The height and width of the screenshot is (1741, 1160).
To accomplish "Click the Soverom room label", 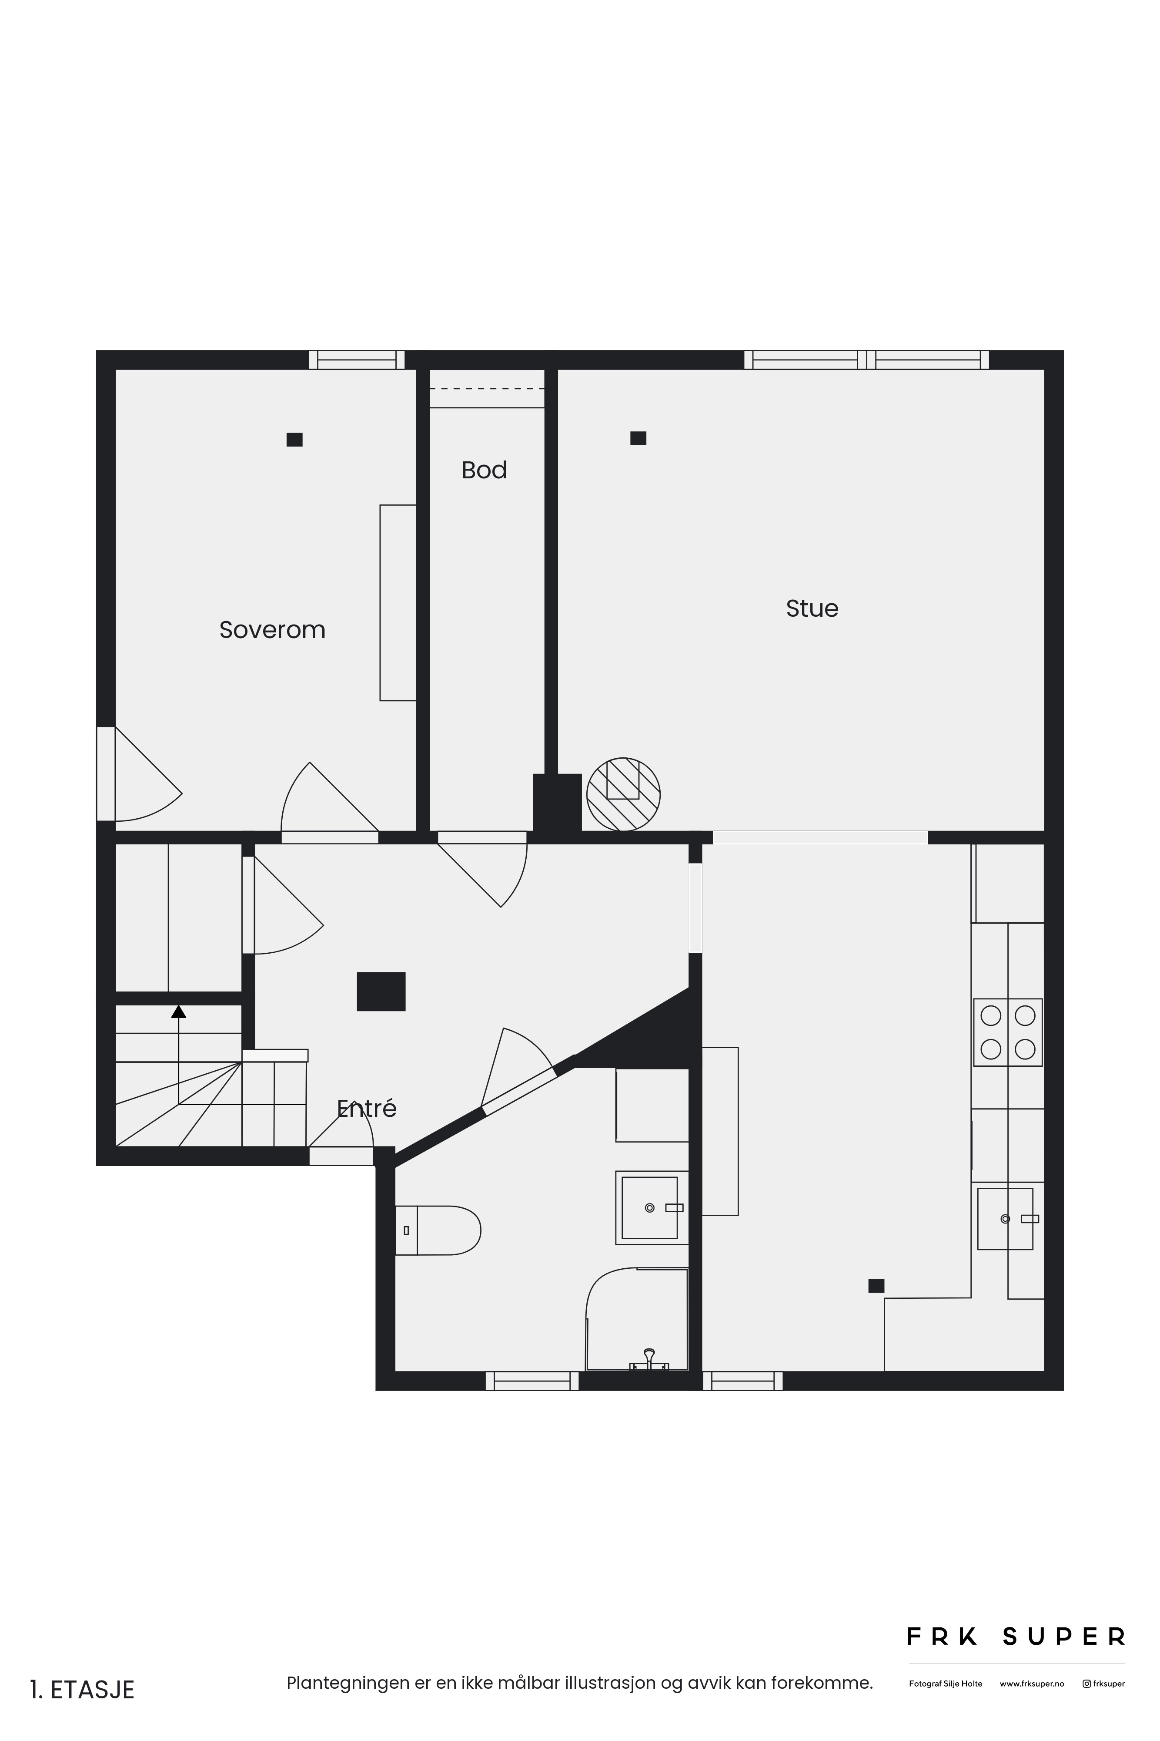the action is tap(272, 630).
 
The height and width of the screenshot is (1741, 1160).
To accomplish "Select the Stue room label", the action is tap(812, 608).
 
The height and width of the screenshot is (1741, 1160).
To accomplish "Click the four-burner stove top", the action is tap(1008, 1032).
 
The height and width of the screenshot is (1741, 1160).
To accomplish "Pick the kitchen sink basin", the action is tap(1006, 1218).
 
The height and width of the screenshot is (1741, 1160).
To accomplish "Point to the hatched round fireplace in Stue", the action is tap(623, 794).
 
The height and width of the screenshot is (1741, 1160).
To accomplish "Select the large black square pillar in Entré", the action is tap(381, 991).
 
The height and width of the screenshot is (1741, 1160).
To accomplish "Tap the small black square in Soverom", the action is tap(294, 440).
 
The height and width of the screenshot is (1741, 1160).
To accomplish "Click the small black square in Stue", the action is tap(639, 438).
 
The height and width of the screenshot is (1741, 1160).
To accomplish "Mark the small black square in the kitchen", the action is tap(876, 1286).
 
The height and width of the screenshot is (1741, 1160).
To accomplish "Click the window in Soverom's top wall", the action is tap(357, 360).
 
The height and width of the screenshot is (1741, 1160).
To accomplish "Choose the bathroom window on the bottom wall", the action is tap(532, 1381).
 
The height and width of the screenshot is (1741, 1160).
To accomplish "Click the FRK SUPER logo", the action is tap(1016, 1637).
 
